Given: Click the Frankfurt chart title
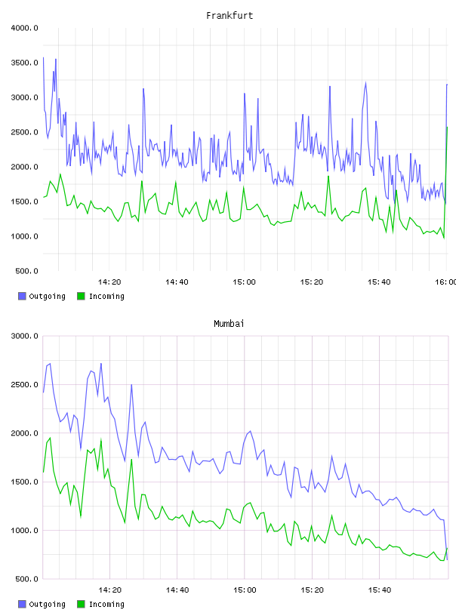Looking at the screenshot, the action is [x=229, y=16].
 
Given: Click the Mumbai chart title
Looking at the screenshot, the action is [x=229, y=324].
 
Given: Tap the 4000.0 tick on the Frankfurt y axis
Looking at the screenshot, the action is [x=25, y=28].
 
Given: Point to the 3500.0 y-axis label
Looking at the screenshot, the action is [x=25, y=63].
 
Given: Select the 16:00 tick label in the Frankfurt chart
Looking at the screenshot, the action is [x=446, y=282].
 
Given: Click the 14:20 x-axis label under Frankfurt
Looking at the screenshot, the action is [x=109, y=282].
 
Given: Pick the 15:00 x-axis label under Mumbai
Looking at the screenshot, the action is [x=245, y=590].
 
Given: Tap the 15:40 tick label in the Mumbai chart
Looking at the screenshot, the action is [x=379, y=590].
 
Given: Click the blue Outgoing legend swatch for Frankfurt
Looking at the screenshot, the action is [x=22, y=296].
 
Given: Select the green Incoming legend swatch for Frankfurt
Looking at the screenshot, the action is [x=81, y=296].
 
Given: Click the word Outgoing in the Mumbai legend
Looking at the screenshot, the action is [x=47, y=604].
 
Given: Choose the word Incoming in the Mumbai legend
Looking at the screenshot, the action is [x=106, y=604].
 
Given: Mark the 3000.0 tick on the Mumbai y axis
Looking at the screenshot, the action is [x=25, y=336].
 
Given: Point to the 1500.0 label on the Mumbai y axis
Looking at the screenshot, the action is [x=25, y=482].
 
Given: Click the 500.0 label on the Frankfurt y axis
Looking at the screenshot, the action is [x=26, y=271].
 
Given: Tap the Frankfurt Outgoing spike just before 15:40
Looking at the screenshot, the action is [x=365, y=83].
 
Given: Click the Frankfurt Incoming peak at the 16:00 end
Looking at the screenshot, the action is [x=447, y=128].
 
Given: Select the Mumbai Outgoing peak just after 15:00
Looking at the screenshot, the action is [x=250, y=431].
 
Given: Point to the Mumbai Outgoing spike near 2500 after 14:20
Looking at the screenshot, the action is [x=131, y=384].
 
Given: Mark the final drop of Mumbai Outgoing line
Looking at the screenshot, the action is [x=445, y=541].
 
